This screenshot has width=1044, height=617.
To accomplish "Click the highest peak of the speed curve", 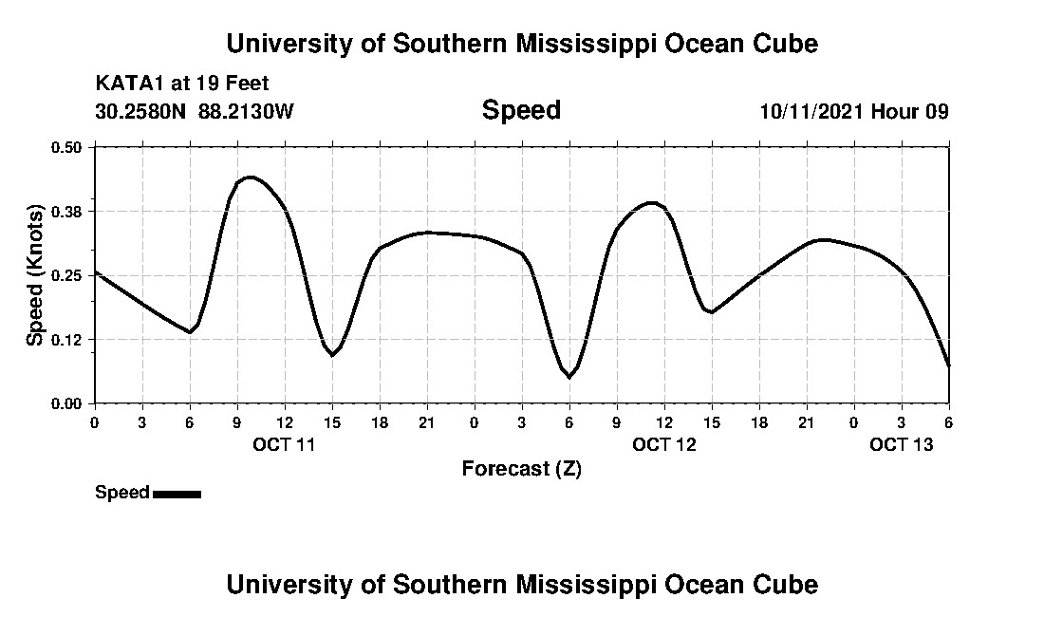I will (x=250, y=177).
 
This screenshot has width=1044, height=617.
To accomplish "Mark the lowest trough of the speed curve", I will (x=569, y=377).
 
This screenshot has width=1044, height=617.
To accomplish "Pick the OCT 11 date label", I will (x=284, y=444).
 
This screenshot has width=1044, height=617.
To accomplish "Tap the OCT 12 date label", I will (x=664, y=444).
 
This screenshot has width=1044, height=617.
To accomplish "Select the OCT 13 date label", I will (x=902, y=444).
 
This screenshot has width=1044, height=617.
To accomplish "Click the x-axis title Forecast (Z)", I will (x=521, y=469).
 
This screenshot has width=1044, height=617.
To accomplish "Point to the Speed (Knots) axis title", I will (x=35, y=275).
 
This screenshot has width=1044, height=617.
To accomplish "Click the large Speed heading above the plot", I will (x=521, y=110).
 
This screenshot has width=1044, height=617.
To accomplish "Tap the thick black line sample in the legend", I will (x=177, y=494).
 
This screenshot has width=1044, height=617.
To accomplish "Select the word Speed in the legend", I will (x=122, y=493).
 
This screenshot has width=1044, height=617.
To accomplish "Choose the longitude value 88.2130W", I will (x=247, y=111).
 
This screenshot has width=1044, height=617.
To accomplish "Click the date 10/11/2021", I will (x=811, y=111).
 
